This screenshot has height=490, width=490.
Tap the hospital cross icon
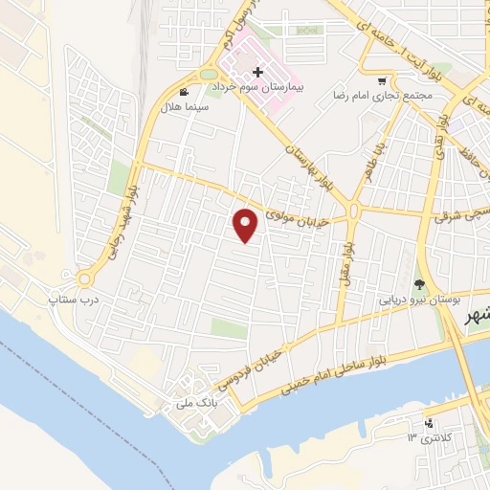257,72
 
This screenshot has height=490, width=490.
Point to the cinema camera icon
183,93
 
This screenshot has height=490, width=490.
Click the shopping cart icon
383,81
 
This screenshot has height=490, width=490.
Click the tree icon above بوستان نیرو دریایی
418,283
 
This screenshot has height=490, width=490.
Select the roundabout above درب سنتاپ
84,278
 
